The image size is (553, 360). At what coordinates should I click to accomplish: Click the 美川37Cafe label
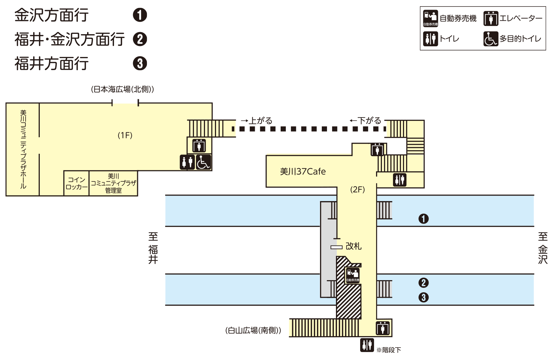303,171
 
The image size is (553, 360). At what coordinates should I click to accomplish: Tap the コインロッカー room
76,183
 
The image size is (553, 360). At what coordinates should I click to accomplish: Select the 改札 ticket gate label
353,246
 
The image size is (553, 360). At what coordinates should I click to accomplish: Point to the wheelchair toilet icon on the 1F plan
204,162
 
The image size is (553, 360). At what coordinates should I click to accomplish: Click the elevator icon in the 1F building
199,145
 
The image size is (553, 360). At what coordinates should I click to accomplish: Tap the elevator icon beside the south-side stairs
382,328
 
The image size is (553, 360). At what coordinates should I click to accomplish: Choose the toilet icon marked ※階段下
367,345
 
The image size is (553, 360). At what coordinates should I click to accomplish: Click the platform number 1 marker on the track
423,219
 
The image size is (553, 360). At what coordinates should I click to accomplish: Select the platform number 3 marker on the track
423,297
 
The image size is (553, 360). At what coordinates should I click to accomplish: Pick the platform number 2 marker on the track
423,283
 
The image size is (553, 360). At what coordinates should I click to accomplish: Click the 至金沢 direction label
543,248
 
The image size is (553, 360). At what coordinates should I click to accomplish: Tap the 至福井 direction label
153,248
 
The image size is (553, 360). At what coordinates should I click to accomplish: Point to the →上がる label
257,121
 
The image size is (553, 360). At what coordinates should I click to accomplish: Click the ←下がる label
365,121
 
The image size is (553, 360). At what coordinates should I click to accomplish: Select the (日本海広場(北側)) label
122,89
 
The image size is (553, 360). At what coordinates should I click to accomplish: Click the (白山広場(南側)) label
253,330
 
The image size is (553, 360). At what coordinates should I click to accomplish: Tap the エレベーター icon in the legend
491,19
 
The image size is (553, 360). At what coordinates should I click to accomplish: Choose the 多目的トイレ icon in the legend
491,39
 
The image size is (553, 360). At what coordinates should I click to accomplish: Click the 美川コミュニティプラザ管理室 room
113,183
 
